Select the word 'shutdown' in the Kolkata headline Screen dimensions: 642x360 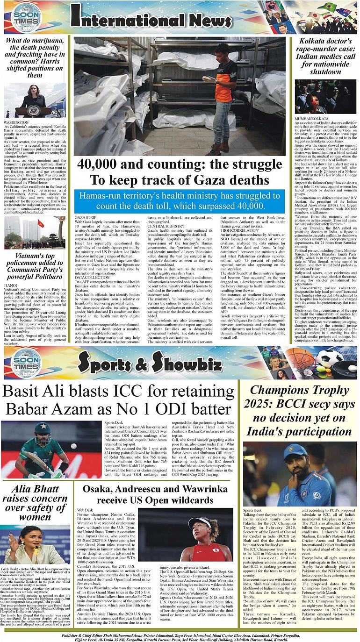[x=325, y=72]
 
